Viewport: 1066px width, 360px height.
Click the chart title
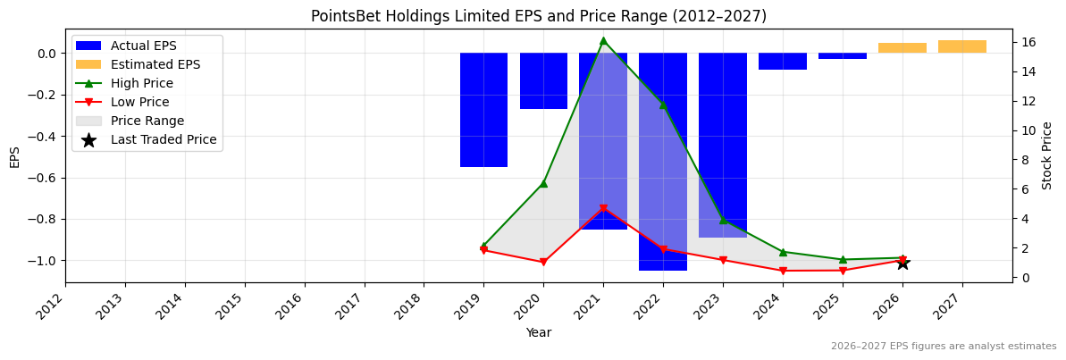coord(538,16)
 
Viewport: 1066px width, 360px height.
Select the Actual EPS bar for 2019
coord(483,110)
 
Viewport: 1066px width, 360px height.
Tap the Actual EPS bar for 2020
coord(543,80)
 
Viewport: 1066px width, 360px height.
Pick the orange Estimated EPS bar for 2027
coord(961,46)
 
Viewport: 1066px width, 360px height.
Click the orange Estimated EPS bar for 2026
coord(902,48)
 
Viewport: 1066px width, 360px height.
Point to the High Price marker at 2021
coord(603,41)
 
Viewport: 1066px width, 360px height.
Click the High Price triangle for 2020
coord(543,183)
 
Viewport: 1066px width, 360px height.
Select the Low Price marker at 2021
coord(603,209)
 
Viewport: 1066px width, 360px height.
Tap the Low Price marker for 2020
coord(543,263)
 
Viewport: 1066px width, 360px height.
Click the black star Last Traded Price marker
coord(902,263)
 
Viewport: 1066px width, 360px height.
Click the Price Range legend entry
coord(147,121)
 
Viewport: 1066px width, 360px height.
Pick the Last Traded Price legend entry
coord(163,139)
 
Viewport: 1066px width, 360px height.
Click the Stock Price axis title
coord(1047,155)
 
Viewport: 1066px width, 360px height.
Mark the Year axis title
coord(538,332)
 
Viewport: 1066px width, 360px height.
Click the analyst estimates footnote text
coord(943,347)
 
